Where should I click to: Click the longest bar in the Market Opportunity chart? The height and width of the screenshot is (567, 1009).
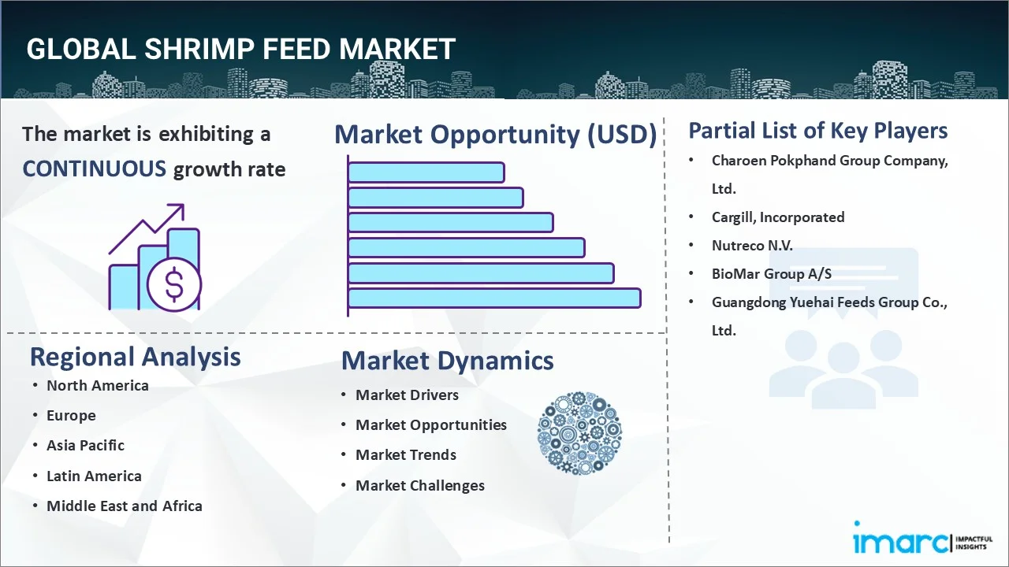(x=493, y=298)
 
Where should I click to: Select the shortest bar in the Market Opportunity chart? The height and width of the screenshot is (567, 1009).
(x=426, y=172)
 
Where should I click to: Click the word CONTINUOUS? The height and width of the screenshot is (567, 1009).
(x=94, y=169)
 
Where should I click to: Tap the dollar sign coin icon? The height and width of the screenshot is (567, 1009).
(x=174, y=285)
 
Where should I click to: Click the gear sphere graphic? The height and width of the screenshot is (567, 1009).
(x=579, y=434)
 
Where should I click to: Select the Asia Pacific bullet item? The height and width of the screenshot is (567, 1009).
(x=85, y=446)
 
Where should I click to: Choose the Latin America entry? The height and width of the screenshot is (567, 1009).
(x=94, y=476)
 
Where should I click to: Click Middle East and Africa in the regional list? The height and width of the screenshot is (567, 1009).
(x=124, y=506)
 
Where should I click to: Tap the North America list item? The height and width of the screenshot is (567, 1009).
(x=97, y=385)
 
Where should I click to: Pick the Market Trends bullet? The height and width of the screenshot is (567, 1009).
(x=405, y=455)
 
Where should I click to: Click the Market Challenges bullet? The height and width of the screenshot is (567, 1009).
(x=419, y=486)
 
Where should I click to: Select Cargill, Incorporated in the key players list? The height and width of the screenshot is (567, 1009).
(x=777, y=217)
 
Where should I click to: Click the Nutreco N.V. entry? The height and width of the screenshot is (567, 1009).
(x=751, y=246)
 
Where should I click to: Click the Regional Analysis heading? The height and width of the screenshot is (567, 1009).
(x=135, y=357)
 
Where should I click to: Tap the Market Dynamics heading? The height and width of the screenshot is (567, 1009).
(x=447, y=361)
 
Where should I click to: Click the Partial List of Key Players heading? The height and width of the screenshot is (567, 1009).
(x=817, y=131)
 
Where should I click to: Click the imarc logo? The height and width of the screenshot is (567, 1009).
(x=899, y=542)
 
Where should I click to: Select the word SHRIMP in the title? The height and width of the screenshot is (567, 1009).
(x=207, y=49)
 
